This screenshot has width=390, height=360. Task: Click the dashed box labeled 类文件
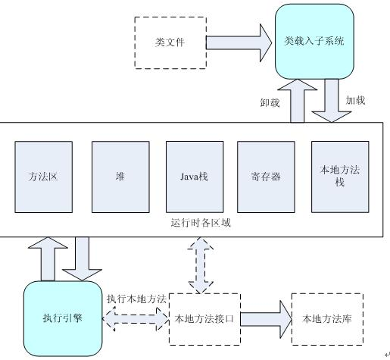tap(170, 42)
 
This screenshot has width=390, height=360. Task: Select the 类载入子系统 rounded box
tap(314, 40)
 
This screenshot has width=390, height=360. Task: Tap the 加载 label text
tap(356, 101)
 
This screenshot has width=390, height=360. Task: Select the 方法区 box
tap(43, 177)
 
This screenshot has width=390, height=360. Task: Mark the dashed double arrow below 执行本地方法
tap(136, 319)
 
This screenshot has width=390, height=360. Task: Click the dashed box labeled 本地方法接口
tap(204, 319)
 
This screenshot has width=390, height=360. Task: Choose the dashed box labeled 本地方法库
tap(326, 319)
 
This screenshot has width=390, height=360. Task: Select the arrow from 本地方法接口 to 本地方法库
tap(266, 319)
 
